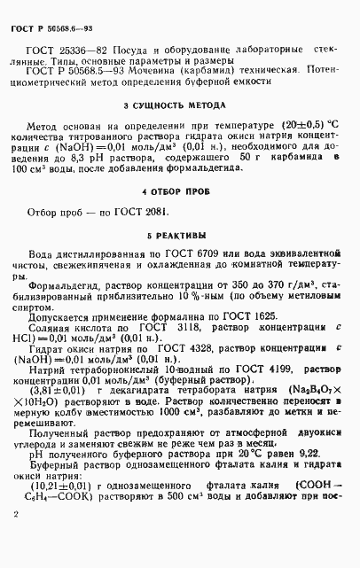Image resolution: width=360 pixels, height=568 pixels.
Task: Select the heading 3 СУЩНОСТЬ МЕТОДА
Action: (x=180, y=105)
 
